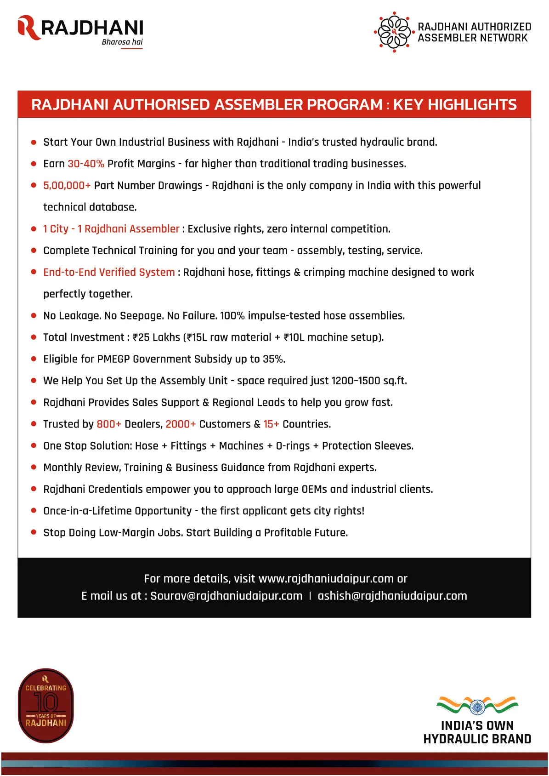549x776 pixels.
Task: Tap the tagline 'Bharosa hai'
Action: (122, 42)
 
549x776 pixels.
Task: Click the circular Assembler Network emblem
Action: (394, 32)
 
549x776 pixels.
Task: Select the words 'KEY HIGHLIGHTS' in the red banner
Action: (455, 105)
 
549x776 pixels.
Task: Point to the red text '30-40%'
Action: (86, 164)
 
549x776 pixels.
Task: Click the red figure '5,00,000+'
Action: (67, 186)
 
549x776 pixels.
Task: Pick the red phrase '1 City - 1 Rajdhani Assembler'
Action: (111, 229)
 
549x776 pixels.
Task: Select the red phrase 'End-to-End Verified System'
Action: (109, 273)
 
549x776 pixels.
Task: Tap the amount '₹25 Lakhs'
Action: (156, 337)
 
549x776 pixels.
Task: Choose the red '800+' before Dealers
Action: (109, 424)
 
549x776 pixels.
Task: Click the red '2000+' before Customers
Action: (181, 424)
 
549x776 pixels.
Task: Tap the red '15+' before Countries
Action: (271, 424)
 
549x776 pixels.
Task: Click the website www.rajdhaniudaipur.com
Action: (326, 579)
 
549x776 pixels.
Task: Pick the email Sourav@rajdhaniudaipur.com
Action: (226, 596)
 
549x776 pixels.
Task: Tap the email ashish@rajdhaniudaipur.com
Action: (392, 596)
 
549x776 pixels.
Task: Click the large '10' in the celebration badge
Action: (46, 702)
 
